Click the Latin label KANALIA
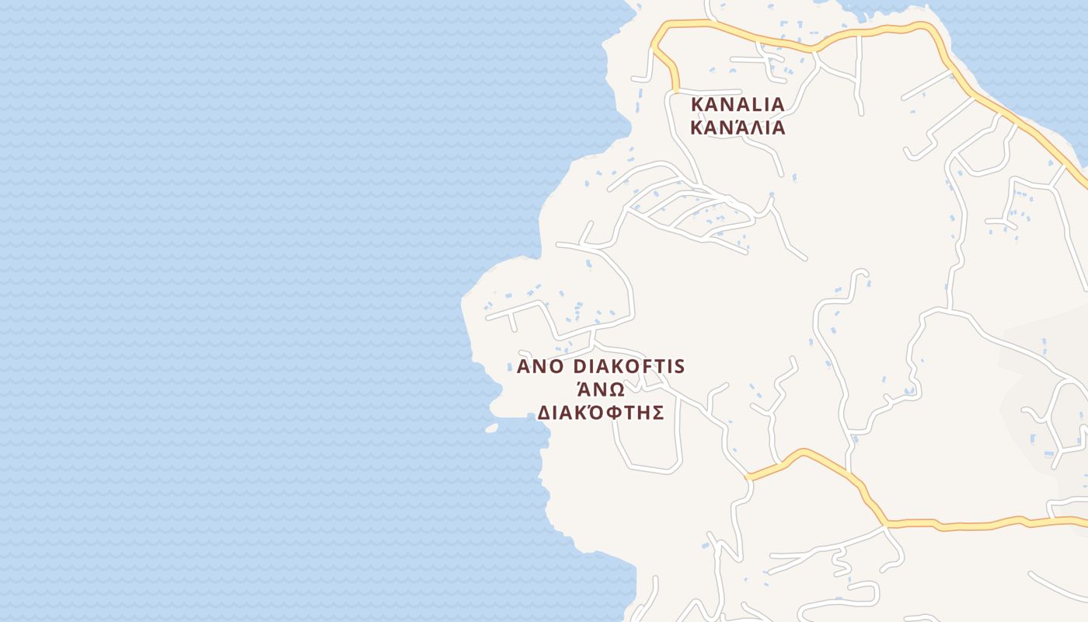click(738, 104)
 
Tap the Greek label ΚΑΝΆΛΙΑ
click(738, 128)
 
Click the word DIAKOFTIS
click(629, 366)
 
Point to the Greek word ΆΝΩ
click(600, 390)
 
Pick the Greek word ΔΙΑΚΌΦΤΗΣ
click(600, 413)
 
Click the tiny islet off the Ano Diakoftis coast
click(491, 428)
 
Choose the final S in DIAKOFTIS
click(678, 366)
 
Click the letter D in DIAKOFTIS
click(580, 366)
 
